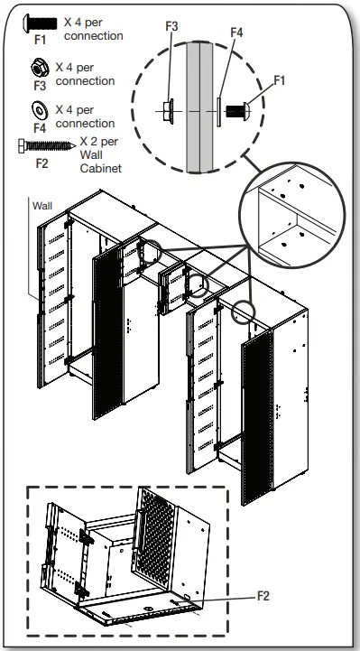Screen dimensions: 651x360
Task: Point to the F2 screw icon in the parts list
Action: click(x=42, y=144)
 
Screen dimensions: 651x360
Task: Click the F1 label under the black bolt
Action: click(x=39, y=41)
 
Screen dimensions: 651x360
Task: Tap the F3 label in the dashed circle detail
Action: click(x=171, y=28)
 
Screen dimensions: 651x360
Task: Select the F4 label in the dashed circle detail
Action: click(x=236, y=33)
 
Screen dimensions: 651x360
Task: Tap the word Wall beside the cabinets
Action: click(x=42, y=206)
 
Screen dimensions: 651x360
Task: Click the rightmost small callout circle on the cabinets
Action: click(x=243, y=312)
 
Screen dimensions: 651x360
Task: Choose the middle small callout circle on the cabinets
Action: click(x=197, y=286)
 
